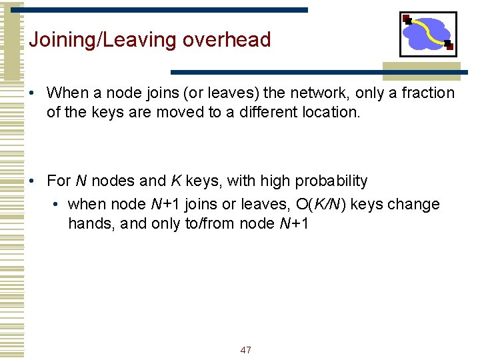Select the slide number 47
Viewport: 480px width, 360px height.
(x=245, y=350)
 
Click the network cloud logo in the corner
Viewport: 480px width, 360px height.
(x=428, y=33)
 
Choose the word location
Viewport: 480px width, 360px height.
(x=331, y=112)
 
